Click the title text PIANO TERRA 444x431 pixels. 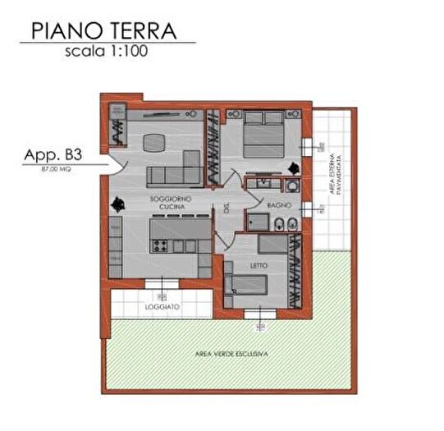click(x=103, y=30)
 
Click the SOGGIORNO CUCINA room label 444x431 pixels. click(x=170, y=204)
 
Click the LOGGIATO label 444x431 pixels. click(x=162, y=307)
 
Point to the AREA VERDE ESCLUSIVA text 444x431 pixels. click(x=231, y=354)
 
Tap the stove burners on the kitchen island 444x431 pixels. click(x=160, y=245)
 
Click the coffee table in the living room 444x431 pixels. click(x=154, y=143)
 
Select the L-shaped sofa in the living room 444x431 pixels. click(x=172, y=170)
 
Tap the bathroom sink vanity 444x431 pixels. click(x=263, y=182)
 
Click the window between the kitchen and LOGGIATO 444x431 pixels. click(x=161, y=286)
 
